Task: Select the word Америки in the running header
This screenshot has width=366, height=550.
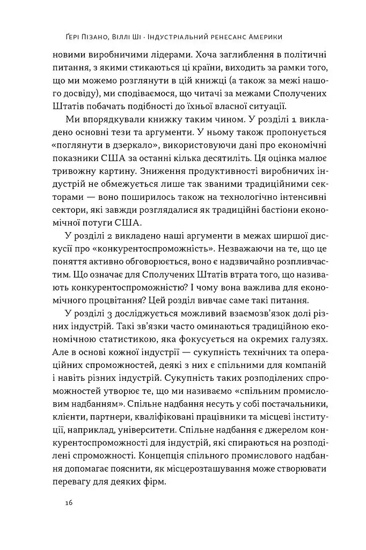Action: click(x=262, y=37)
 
